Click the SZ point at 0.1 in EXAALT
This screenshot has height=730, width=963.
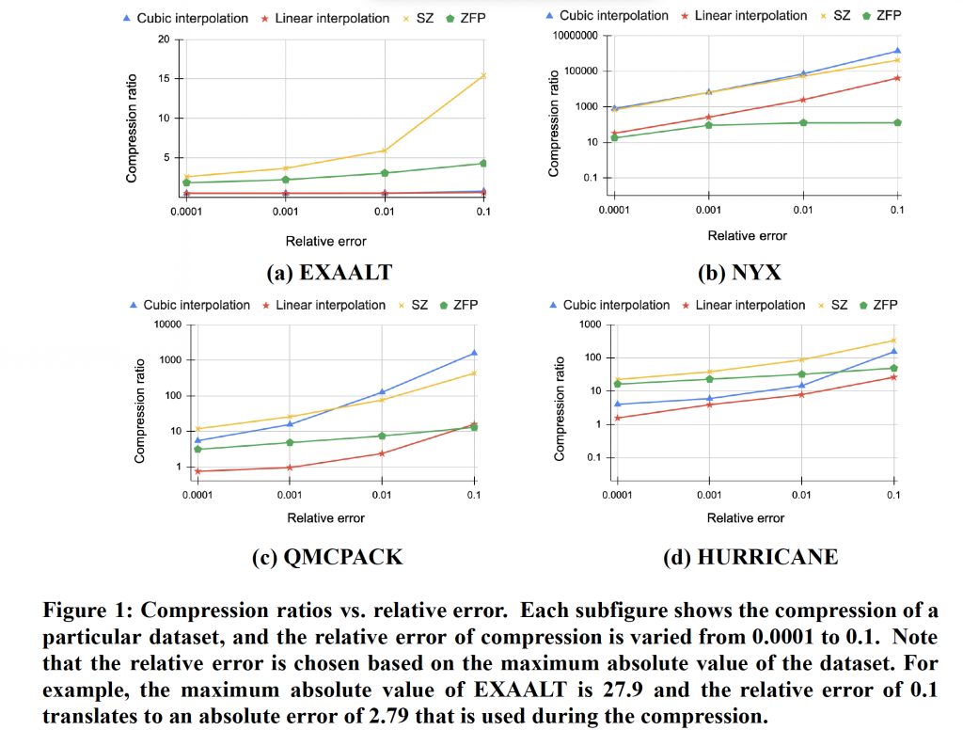click(x=483, y=75)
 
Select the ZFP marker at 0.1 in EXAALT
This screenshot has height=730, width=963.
click(x=483, y=163)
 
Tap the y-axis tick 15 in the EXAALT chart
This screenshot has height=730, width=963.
click(x=164, y=78)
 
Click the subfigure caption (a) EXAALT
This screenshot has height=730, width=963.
click(x=329, y=273)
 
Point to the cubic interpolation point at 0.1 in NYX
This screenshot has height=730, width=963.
click(x=897, y=51)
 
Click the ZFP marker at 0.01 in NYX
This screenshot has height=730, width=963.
click(x=803, y=122)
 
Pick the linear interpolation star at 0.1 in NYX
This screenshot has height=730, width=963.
click(x=897, y=77)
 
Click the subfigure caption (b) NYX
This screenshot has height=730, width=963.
click(x=739, y=273)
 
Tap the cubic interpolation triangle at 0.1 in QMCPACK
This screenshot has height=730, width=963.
click(x=473, y=353)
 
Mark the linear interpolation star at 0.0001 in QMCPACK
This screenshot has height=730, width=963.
click(x=197, y=471)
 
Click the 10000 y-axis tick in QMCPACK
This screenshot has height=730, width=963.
click(x=166, y=325)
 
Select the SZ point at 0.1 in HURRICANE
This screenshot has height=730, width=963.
click(x=893, y=341)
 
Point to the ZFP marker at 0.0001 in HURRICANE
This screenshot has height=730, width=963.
click(x=618, y=384)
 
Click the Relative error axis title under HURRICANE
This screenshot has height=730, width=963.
click(x=746, y=517)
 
